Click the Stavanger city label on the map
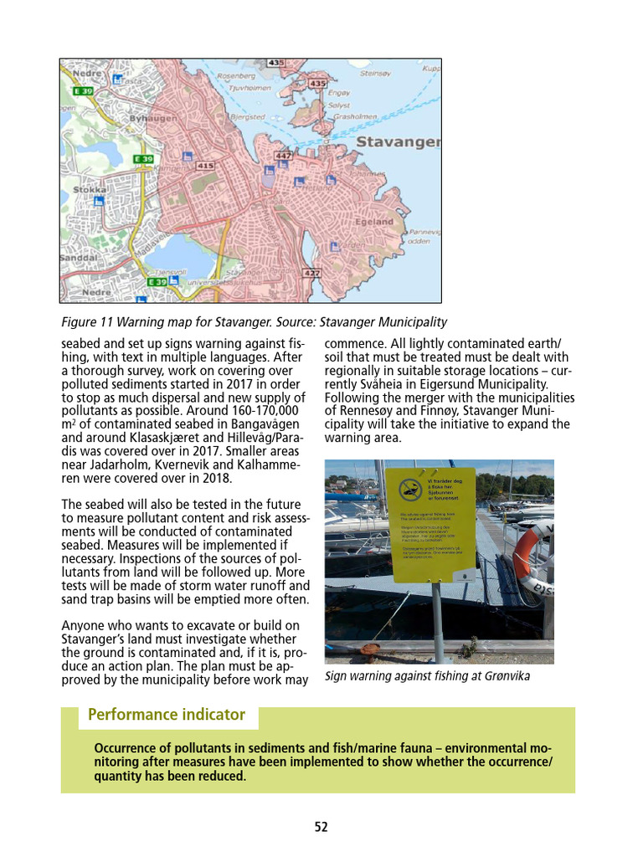399,141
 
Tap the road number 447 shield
283,156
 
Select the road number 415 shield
204,166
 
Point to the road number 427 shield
311,273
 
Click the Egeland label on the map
373,222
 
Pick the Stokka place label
90,190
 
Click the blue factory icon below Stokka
99,201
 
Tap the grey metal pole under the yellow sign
436,619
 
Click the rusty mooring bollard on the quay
369,648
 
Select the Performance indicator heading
167,715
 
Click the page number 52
321,827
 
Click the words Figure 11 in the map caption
89,322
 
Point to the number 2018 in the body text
215,479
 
